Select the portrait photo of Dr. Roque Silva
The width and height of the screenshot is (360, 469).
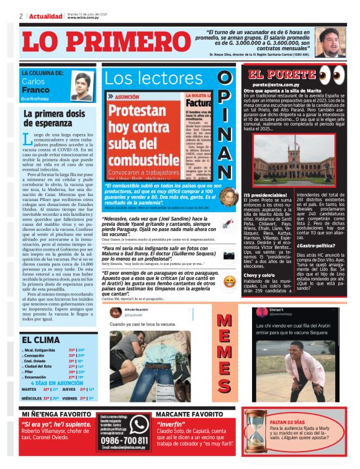[x=330, y=42]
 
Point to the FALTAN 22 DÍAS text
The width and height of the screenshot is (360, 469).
[x=287, y=422]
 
